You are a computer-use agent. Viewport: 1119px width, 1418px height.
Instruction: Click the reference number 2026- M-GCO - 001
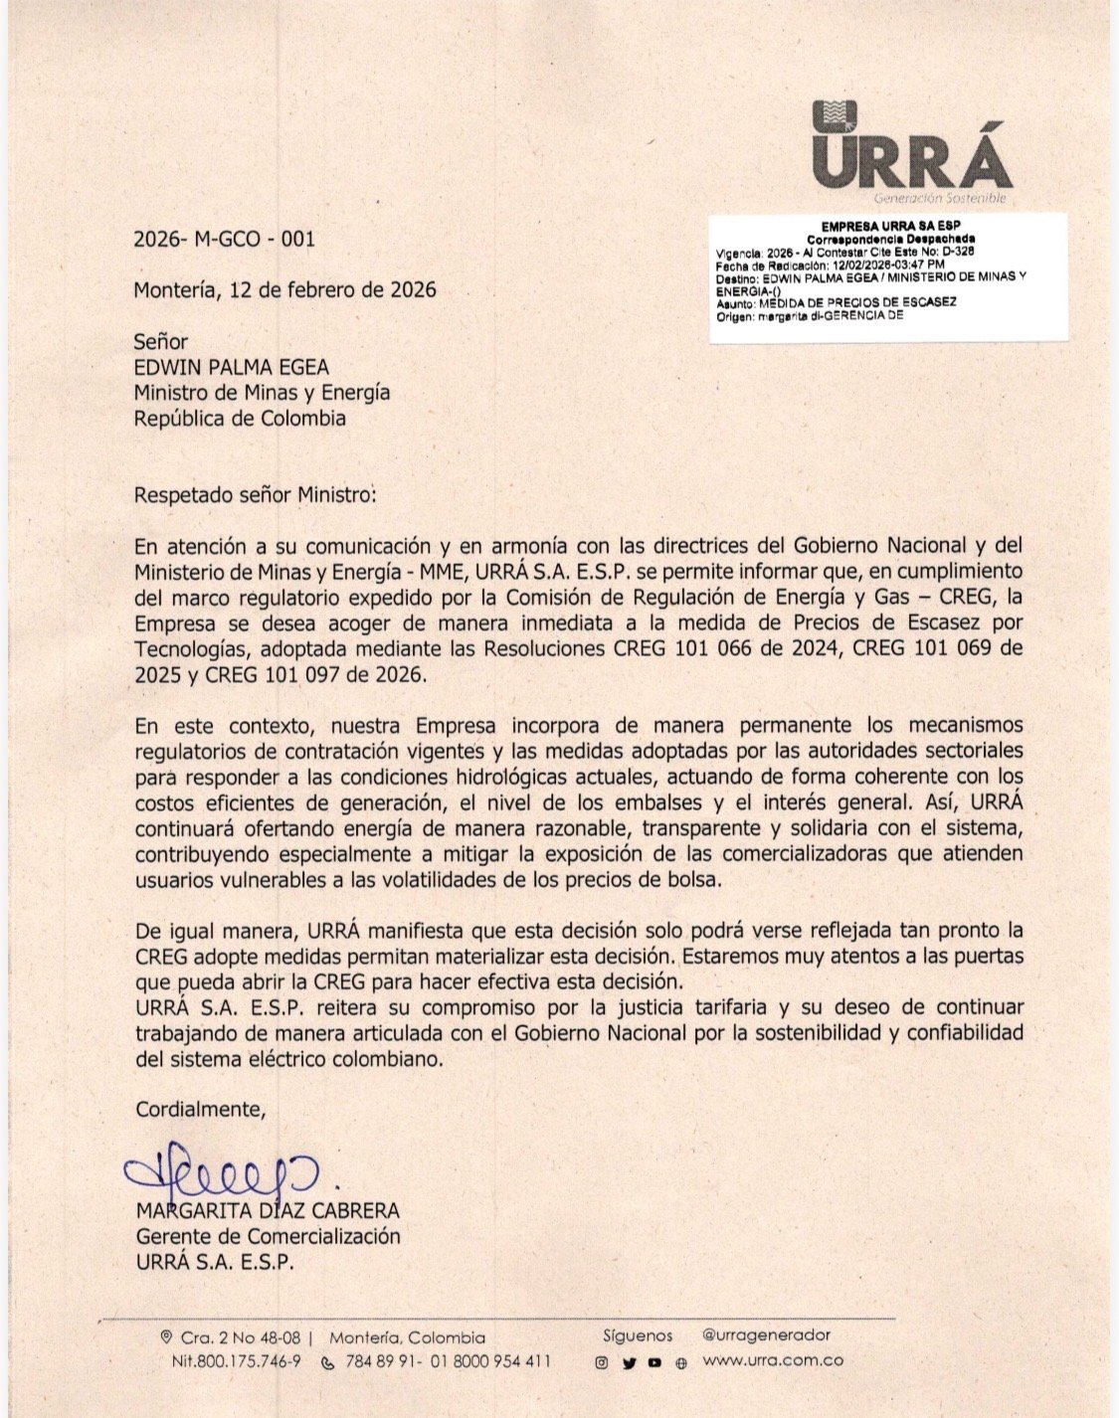pyautogui.click(x=224, y=239)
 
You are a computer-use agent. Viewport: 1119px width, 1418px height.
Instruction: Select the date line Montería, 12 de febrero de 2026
pyautogui.click(x=284, y=290)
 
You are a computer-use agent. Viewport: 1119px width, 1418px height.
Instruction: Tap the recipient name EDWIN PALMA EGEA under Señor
pyautogui.click(x=232, y=367)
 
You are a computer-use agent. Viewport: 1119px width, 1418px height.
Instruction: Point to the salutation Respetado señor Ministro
pyautogui.click(x=256, y=494)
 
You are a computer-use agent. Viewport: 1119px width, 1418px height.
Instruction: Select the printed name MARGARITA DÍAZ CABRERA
pyautogui.click(x=268, y=1211)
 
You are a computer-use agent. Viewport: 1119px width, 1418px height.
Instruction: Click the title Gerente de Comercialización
pyautogui.click(x=268, y=1237)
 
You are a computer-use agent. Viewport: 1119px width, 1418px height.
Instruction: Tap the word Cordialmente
pyautogui.click(x=201, y=1110)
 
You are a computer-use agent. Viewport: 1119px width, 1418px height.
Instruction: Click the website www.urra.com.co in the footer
pyautogui.click(x=773, y=1361)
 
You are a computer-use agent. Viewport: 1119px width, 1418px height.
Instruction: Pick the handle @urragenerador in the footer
pyautogui.click(x=766, y=1335)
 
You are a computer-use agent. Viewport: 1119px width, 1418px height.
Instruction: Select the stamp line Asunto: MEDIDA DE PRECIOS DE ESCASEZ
pyautogui.click(x=836, y=302)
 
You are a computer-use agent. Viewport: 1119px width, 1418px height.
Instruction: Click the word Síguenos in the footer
pyautogui.click(x=638, y=1335)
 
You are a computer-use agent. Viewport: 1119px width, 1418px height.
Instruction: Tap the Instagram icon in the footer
pyautogui.click(x=601, y=1363)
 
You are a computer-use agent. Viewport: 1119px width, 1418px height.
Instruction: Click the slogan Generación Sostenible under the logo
pyautogui.click(x=941, y=198)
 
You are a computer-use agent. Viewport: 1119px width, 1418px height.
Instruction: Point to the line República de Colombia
pyautogui.click(x=240, y=419)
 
